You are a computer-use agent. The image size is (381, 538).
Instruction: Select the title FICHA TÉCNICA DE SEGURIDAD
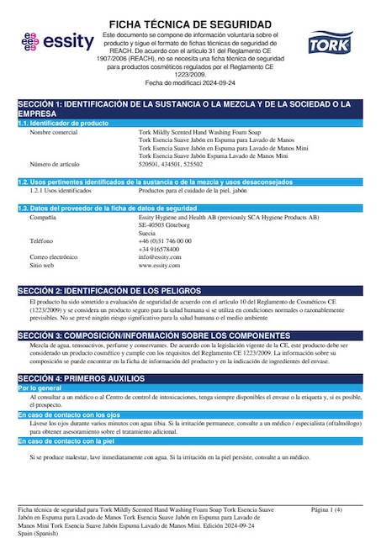click(190, 24)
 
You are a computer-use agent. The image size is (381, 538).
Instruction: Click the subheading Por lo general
click(40, 388)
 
